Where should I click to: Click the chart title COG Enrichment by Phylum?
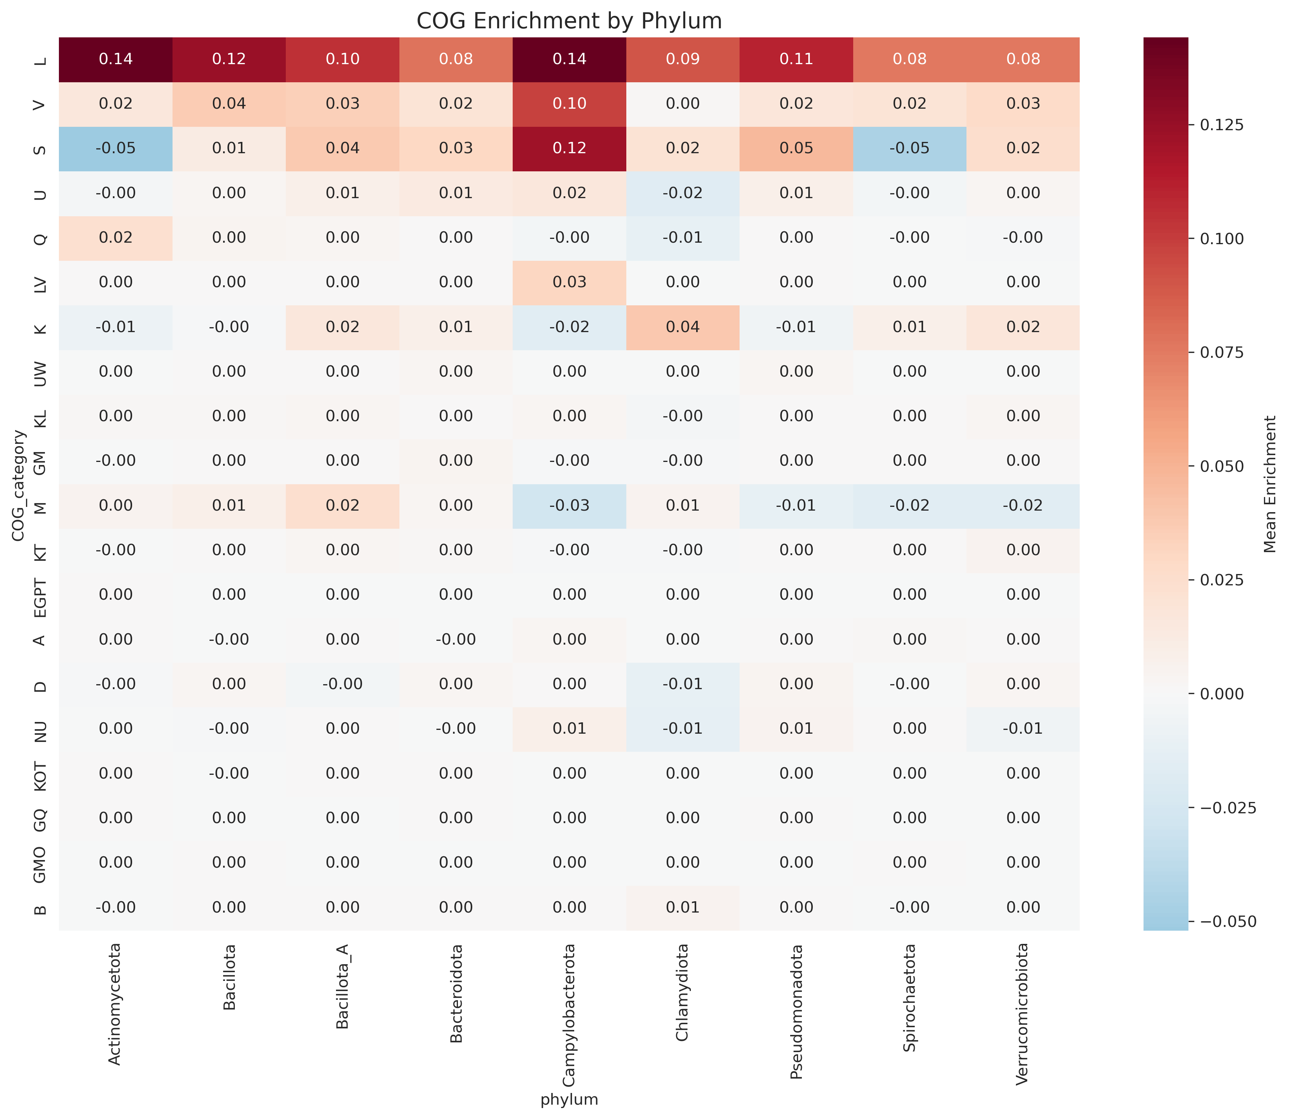coord(569,21)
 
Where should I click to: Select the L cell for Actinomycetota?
coord(116,59)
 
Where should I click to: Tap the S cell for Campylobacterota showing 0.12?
coord(569,149)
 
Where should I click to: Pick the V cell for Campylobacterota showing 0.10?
coord(569,104)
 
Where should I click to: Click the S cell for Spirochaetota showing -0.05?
coord(909,149)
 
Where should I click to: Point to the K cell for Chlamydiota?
coord(683,327)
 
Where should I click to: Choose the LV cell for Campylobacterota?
coord(569,282)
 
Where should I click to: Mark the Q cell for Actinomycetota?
coord(116,238)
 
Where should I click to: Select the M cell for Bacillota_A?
coord(342,506)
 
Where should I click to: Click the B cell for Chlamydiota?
coord(683,907)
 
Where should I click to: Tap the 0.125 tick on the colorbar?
coord(1221,125)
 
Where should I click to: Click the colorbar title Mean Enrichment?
coord(1269,484)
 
